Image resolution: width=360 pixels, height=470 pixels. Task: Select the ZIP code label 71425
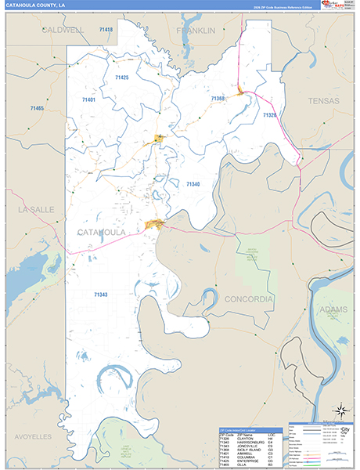121,78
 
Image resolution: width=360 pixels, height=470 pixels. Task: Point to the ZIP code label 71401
88,100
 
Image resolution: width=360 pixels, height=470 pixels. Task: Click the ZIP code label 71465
37,107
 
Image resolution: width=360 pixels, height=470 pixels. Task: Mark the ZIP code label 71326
270,115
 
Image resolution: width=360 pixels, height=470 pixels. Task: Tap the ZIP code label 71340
193,183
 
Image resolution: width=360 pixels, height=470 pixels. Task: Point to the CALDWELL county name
64,31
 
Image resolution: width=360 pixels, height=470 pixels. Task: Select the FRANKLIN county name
196,31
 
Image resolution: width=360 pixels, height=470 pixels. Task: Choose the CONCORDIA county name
247,299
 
